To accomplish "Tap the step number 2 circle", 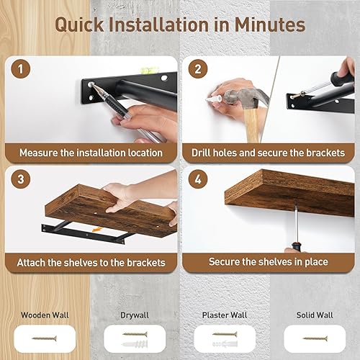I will tap(196, 71).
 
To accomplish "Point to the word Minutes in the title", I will tap(267, 24).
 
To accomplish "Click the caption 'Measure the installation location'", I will tap(91, 153).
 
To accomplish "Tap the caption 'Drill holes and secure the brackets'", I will tap(268, 153).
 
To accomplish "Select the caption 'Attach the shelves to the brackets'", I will tap(91, 263).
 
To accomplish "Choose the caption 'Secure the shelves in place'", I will tap(268, 263).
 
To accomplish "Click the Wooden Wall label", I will tap(45, 315).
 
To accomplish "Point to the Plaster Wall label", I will tap(225, 315).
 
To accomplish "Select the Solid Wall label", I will tap(315, 315).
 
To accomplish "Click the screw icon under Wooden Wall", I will tap(45, 336).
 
